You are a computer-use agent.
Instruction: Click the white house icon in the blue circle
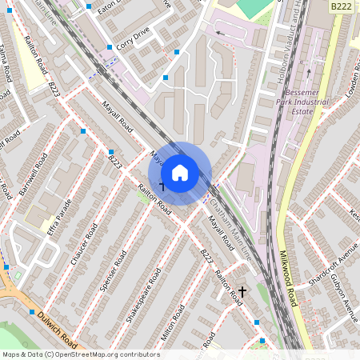click(x=180, y=173)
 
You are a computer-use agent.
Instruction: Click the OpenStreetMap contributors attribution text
click(x=80, y=354)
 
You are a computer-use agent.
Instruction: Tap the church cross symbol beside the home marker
click(x=162, y=186)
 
